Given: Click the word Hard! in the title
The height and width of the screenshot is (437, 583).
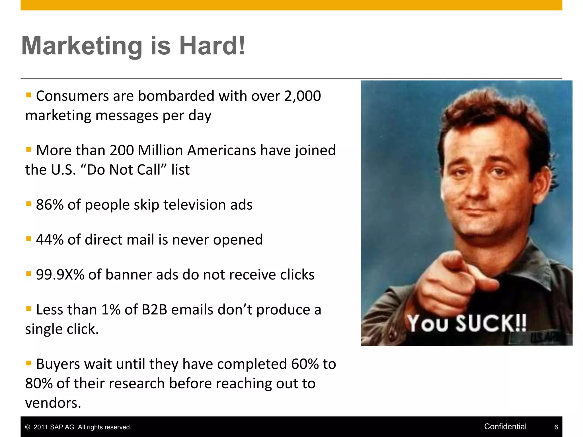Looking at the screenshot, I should (x=212, y=46).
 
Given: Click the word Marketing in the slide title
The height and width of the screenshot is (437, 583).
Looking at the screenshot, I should (x=82, y=46).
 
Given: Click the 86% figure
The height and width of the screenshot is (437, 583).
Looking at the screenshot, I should (x=50, y=205).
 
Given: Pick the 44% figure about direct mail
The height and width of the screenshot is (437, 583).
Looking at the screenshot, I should (x=50, y=240).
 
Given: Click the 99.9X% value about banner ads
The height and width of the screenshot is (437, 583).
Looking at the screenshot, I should (x=60, y=275).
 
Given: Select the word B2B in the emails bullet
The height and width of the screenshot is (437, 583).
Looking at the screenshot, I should (x=154, y=310).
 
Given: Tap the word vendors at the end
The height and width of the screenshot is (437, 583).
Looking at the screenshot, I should (x=53, y=403).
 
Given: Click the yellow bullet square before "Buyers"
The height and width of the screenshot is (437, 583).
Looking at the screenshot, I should (x=28, y=363).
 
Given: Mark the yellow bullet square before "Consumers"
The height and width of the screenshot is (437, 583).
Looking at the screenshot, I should (x=28, y=95).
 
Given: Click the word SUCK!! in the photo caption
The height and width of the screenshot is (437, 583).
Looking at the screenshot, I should (x=491, y=323).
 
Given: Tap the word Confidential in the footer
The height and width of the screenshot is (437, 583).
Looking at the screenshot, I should (x=505, y=426).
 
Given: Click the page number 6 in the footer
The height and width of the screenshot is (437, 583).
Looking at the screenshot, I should (x=556, y=427).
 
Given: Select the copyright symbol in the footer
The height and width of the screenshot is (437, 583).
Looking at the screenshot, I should (x=28, y=427).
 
